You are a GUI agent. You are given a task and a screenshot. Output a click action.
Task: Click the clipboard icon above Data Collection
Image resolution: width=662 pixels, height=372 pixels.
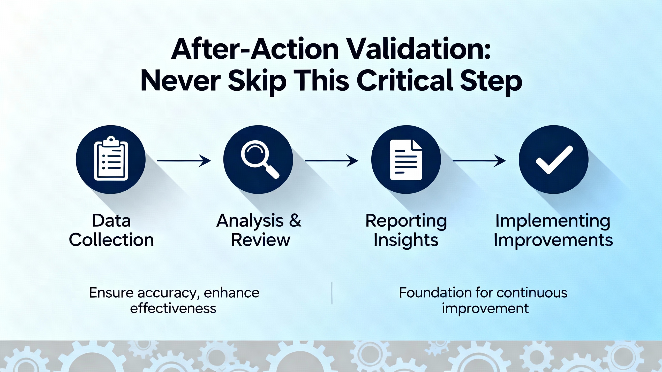[111, 158]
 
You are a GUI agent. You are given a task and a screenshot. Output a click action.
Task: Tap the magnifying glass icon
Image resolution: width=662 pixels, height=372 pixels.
[260, 159]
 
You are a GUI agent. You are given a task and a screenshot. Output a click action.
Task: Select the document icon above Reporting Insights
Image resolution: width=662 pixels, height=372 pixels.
[406, 160]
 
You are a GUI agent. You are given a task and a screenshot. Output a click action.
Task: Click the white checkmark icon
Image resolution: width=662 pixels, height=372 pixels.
[554, 159]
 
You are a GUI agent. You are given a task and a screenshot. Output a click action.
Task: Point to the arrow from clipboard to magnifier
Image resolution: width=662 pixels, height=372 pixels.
[184, 161]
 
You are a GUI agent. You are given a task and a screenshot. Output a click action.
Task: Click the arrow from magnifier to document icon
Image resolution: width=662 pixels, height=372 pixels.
[332, 161]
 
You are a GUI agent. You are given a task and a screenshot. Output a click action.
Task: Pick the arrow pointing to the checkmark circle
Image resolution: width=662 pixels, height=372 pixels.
[479, 161]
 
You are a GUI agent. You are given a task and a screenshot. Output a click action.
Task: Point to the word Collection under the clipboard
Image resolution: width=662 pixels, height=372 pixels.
[111, 240]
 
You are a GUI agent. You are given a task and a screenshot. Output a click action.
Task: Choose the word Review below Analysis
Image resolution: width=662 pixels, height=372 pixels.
[261, 240]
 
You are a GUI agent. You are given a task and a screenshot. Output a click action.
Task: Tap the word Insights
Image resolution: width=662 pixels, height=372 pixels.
[406, 240]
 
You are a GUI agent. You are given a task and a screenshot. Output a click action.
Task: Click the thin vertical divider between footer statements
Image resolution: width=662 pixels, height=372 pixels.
[332, 293]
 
